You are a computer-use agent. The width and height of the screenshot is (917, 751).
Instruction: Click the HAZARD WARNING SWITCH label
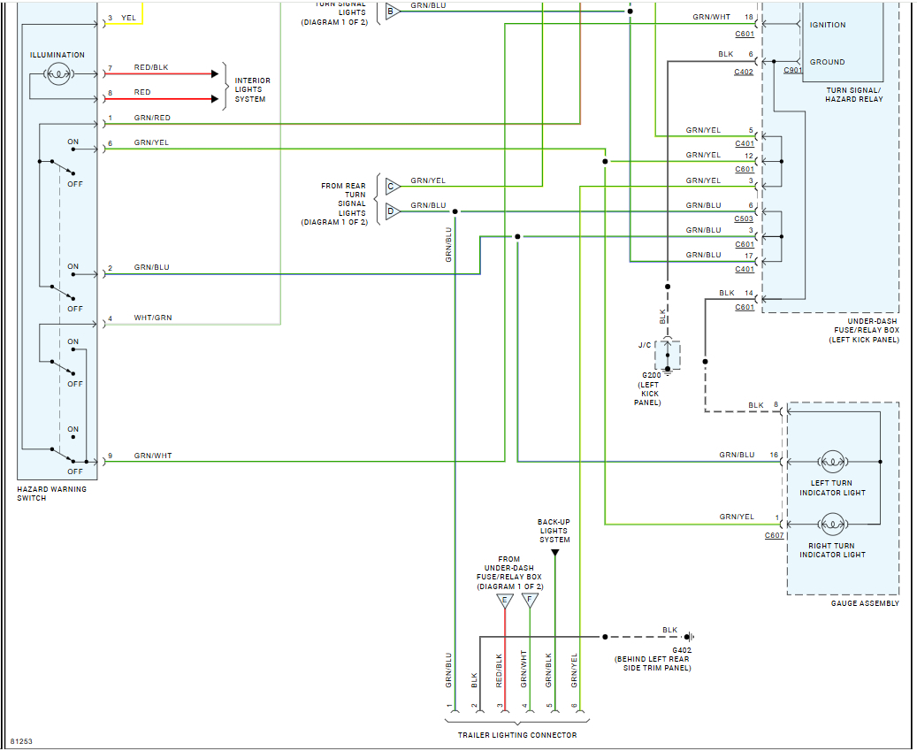pos(51,494)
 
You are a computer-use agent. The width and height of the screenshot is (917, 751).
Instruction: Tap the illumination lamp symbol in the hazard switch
pos(57,75)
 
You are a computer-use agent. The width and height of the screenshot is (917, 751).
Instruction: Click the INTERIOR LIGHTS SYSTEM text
pos(252,90)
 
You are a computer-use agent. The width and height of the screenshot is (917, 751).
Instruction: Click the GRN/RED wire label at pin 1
pos(152,118)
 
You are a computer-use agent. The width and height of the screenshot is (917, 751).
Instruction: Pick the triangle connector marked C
pos(393,187)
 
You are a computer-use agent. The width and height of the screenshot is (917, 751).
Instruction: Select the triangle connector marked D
pos(393,211)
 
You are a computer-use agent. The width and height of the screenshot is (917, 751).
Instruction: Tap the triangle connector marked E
pos(505,602)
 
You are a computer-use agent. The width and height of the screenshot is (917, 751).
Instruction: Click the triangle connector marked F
pos(530,602)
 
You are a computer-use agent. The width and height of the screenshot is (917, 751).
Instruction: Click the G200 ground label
pos(652,375)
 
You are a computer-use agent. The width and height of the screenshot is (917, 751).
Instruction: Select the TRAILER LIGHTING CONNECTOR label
pos(516,735)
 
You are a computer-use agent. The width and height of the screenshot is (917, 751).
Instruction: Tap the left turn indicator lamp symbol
pos(831,462)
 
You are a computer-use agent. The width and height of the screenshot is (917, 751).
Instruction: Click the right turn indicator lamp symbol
pos(831,525)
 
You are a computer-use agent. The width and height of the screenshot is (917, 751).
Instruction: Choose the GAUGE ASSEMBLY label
pos(864,603)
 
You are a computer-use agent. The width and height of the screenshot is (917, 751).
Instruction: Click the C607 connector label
pos(774,535)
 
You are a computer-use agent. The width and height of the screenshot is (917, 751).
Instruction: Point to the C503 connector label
pos(744,218)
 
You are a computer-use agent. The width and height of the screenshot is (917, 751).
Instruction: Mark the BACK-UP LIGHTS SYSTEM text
pos(554,531)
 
